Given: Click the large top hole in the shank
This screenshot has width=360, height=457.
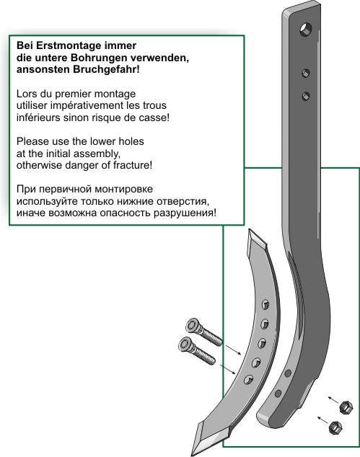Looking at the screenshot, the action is pyautogui.click(x=306, y=29).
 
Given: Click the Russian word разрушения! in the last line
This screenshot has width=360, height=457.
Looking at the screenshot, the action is pyautogui.click(x=185, y=213).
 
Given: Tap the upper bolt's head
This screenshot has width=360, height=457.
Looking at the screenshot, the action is pyautogui.click(x=193, y=326).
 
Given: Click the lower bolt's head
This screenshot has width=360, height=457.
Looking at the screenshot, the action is pyautogui.click(x=185, y=345).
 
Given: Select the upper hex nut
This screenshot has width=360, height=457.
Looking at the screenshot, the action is pyautogui.click(x=346, y=407).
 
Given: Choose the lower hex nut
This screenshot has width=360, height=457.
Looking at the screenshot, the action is pyautogui.click(x=335, y=427).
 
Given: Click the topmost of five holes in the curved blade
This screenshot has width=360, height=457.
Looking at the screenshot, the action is pyautogui.click(x=265, y=305).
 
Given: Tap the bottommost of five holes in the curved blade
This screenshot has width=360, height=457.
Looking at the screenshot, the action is pyautogui.click(x=249, y=380).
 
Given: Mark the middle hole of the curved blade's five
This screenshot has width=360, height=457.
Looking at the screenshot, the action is pyautogui.click(x=262, y=343).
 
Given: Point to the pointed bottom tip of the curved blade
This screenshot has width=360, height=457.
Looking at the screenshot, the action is pyautogui.click(x=192, y=456).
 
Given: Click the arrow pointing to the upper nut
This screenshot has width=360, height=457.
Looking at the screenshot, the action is pyautogui.click(x=334, y=400).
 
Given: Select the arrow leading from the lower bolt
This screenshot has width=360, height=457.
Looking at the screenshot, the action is pyautogui.click(x=227, y=369).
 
